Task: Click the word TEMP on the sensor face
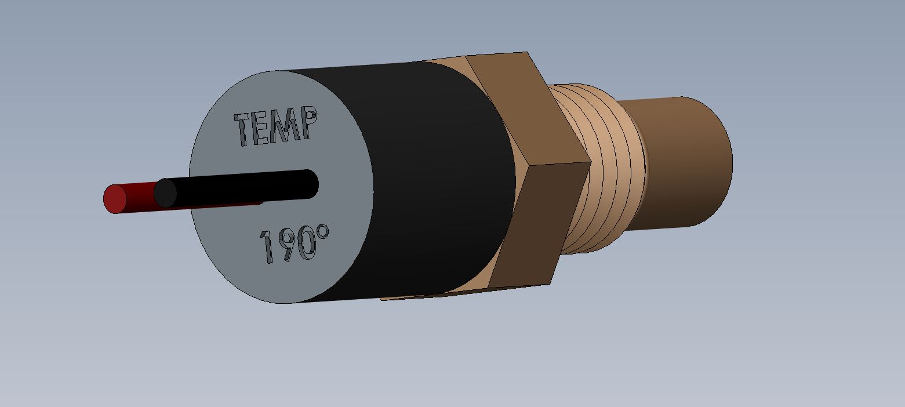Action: [276, 126]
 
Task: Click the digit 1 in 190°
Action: [267, 248]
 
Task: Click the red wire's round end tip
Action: [115, 199]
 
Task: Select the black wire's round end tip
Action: [165, 193]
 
